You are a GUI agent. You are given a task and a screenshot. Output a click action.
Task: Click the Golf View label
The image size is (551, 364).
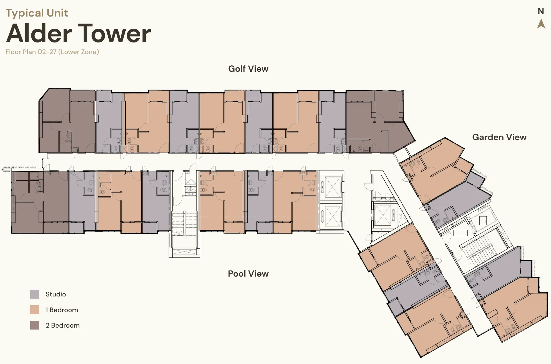click(x=248, y=69)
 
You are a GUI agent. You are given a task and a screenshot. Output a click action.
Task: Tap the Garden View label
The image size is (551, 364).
click(x=499, y=137)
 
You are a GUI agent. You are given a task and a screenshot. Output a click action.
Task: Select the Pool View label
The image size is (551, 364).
click(x=248, y=274)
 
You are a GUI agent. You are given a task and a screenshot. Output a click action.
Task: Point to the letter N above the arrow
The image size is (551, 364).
click(x=541, y=12)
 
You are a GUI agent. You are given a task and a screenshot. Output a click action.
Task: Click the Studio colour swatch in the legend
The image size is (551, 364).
click(x=35, y=294)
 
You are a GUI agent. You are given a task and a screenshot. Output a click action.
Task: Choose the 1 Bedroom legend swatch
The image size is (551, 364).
click(x=35, y=310)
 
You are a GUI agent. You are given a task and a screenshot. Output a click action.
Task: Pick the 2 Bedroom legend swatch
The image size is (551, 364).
click(x=35, y=325)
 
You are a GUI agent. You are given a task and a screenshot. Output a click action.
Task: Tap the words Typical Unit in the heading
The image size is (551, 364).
click(x=37, y=13)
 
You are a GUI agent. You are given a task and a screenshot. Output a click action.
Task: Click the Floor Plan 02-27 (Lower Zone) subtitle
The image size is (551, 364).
click(x=52, y=52)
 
